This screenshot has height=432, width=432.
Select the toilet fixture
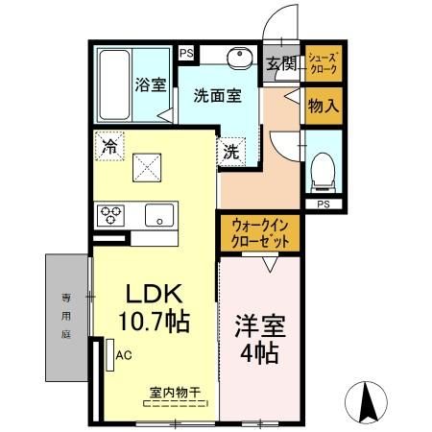point(321,171)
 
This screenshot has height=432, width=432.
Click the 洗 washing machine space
point(232,150)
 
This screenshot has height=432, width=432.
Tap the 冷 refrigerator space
point(109,147)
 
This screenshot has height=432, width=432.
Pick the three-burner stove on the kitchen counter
point(108,214)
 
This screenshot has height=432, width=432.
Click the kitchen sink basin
point(158,215)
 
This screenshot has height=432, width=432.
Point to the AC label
point(123,353)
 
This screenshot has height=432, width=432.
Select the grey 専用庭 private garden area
point(65,317)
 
